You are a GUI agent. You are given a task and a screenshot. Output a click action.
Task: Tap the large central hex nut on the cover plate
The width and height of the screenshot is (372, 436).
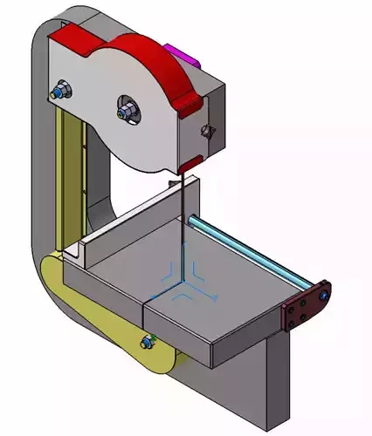tap(126, 109)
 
